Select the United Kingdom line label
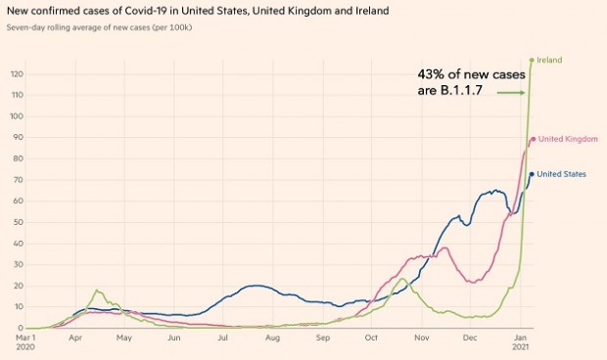568,139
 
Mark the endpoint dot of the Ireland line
532,60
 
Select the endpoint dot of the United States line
532,174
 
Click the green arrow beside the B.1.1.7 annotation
511,93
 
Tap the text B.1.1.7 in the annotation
462,93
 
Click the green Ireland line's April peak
97,291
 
